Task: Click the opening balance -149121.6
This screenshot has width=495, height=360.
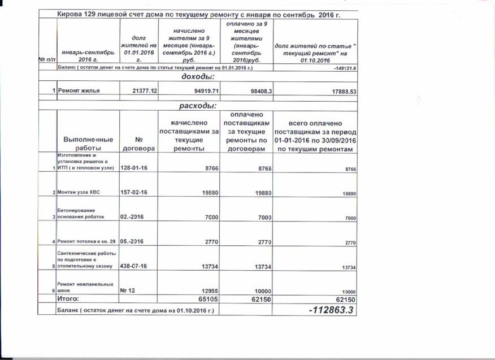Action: click(345, 68)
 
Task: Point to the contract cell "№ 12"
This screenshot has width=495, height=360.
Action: click(127, 290)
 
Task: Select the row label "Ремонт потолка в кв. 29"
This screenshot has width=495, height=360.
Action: click(86, 241)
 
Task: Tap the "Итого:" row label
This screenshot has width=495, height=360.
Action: click(70, 298)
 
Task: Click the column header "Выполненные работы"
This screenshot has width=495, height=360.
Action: click(88, 144)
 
